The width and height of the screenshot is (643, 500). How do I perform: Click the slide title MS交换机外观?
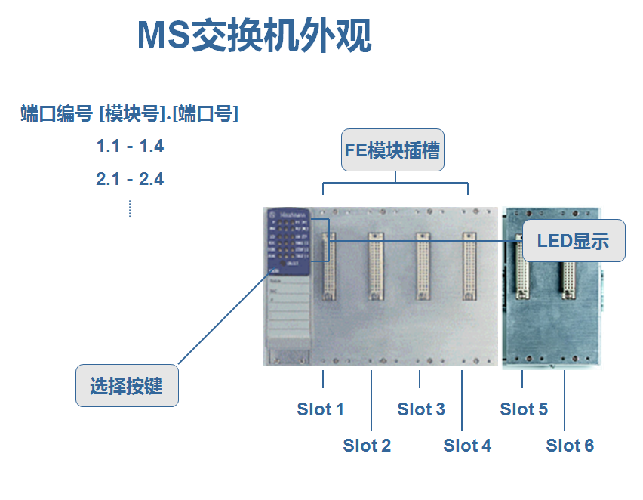pos(254,36)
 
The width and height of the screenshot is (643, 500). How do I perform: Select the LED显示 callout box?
pos(574,241)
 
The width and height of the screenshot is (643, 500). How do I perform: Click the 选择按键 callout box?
pos(127,385)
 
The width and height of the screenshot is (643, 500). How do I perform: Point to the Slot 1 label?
pos(320,409)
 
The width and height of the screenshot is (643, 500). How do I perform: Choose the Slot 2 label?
pos(367,446)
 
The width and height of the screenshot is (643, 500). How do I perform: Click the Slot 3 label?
pos(421,409)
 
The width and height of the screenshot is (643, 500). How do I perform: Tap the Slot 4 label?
pos(467,446)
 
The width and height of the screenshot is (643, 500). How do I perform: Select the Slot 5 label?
pos(524,409)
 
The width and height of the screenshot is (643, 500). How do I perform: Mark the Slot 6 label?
pos(570,446)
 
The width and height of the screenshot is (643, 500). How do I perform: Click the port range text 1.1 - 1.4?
pos(130,147)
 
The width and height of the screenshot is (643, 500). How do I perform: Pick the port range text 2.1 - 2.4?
pos(130,180)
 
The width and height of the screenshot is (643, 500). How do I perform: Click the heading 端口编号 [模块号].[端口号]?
pos(129,115)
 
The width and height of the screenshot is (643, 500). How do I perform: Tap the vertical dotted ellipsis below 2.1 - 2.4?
pos(130,208)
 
